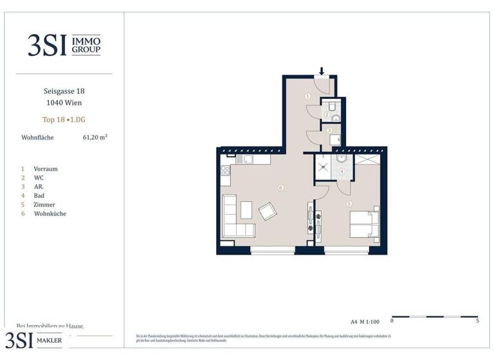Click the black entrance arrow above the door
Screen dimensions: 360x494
(322, 71)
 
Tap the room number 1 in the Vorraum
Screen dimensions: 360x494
(308, 96)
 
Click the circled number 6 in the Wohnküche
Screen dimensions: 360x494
(280, 188)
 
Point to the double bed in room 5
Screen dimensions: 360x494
(364, 222)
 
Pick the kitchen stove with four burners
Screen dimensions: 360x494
(226, 171)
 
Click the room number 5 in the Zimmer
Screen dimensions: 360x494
(349, 204)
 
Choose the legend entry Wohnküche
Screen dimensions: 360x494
(50, 213)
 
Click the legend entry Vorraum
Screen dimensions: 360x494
(46, 168)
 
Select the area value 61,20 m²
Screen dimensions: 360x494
(95, 137)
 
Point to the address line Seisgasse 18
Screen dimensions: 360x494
(64, 91)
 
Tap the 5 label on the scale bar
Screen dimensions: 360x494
(477, 321)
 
